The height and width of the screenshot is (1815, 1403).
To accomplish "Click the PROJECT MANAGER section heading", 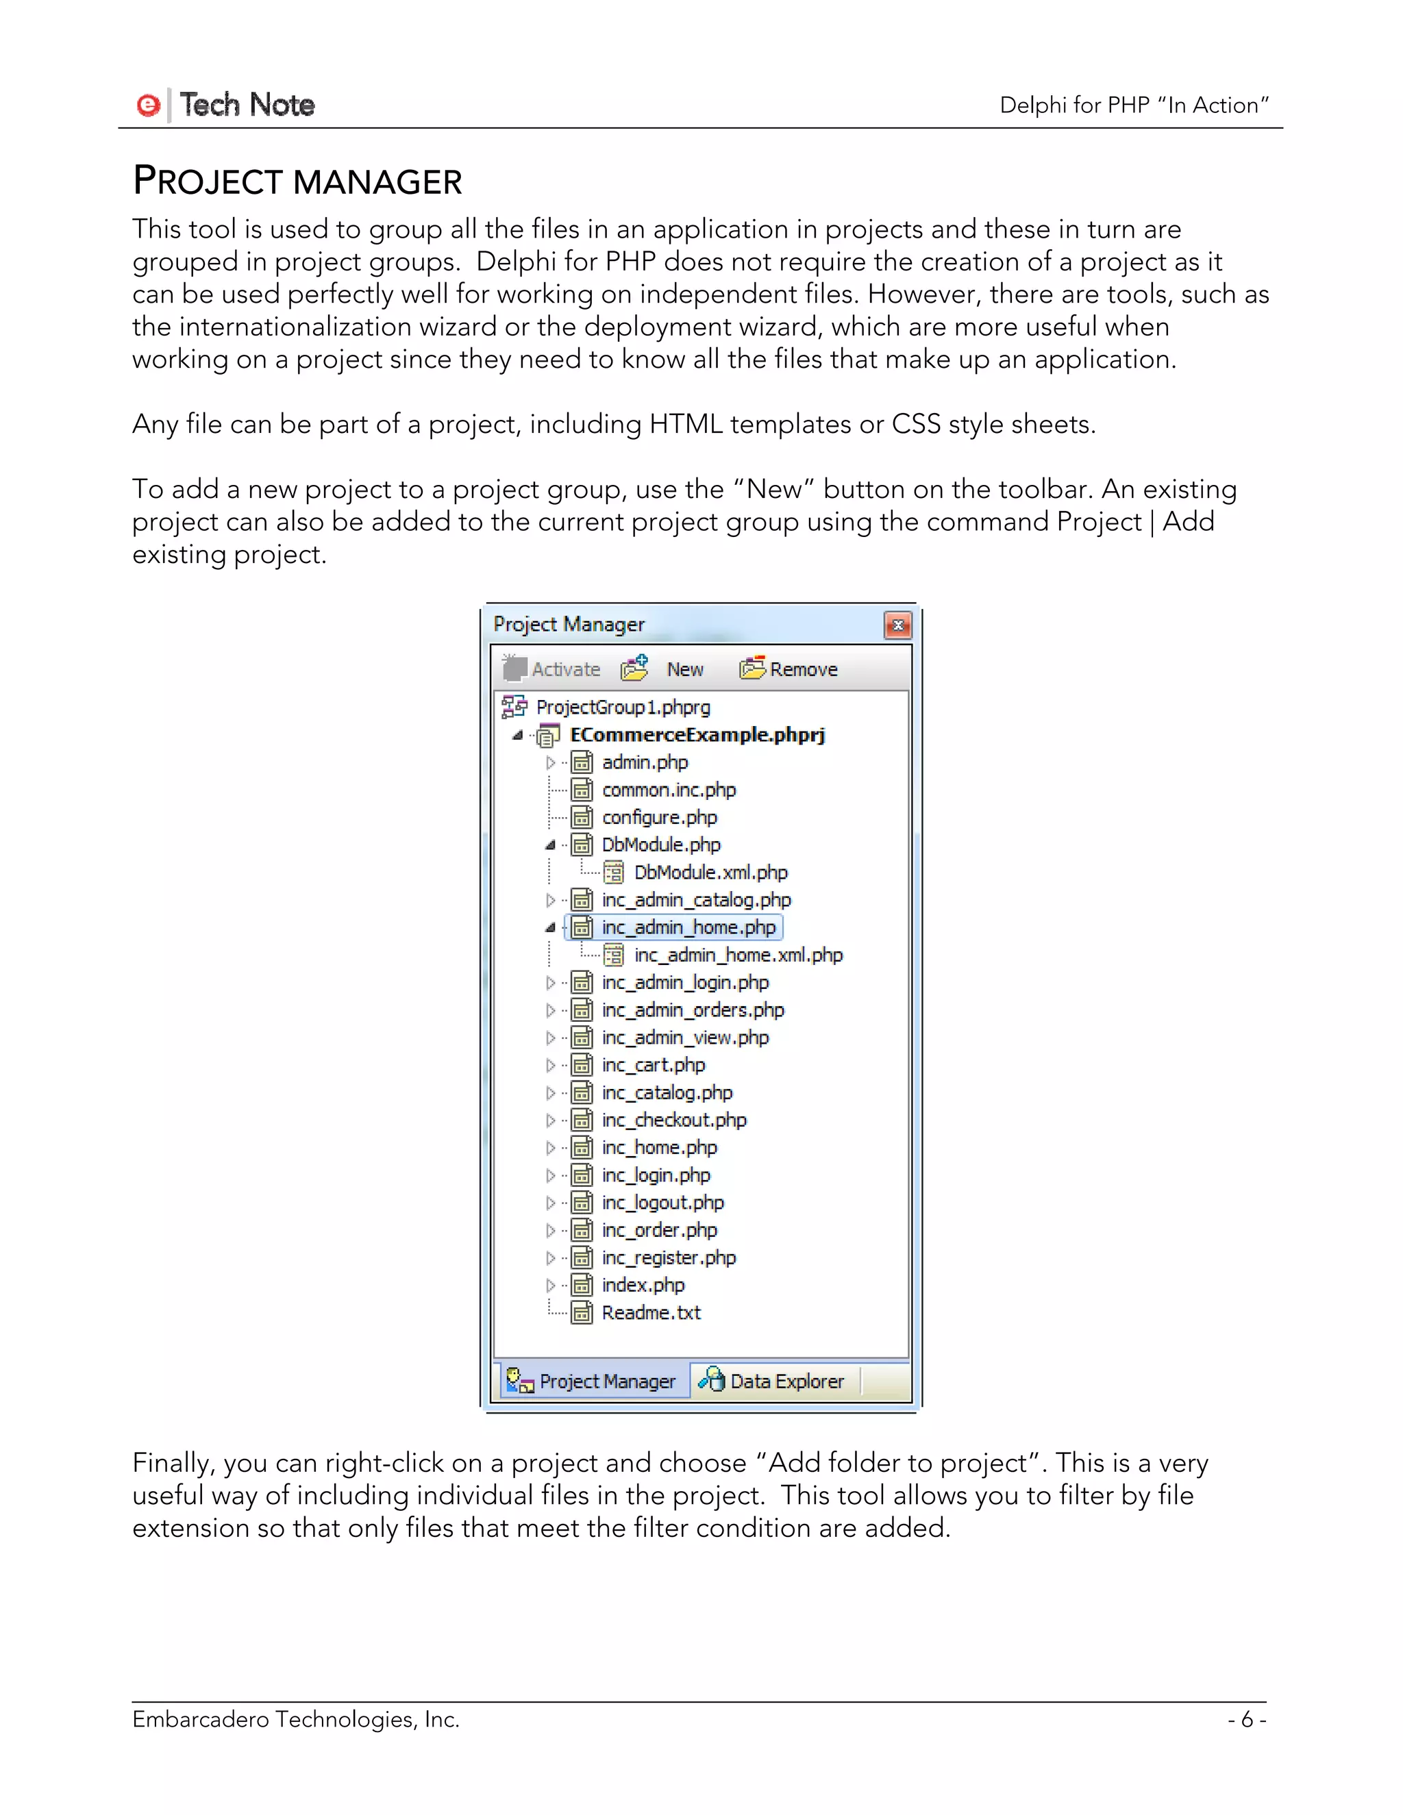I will (297, 181).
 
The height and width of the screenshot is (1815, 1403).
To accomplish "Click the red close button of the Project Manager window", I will (897, 625).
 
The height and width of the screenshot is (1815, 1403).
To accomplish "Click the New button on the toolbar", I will (684, 669).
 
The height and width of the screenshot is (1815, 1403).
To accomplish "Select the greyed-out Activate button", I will (552, 669).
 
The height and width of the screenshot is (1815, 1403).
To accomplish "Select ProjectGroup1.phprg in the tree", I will (623, 708).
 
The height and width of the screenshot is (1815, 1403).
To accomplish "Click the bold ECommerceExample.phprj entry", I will (697, 735).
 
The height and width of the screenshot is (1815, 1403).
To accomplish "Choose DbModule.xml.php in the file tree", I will (710, 873).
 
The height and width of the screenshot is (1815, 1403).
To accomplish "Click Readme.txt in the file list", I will (651, 1312).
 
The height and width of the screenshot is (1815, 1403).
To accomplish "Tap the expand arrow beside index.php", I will (550, 1286).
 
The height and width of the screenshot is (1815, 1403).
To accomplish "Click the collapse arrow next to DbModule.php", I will (550, 845).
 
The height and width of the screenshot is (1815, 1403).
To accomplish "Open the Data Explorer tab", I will (772, 1381).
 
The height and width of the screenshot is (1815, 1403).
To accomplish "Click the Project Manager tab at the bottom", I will (593, 1381).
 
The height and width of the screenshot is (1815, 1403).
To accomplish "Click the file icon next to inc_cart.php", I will (582, 1066).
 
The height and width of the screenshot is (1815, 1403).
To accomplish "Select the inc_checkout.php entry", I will (673, 1121).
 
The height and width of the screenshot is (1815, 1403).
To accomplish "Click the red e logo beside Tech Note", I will (148, 105).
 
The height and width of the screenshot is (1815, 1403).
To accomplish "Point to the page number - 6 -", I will (1246, 1719).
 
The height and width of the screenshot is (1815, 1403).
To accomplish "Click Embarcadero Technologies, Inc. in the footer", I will (296, 1719).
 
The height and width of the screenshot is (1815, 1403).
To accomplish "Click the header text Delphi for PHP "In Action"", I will (1134, 105).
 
